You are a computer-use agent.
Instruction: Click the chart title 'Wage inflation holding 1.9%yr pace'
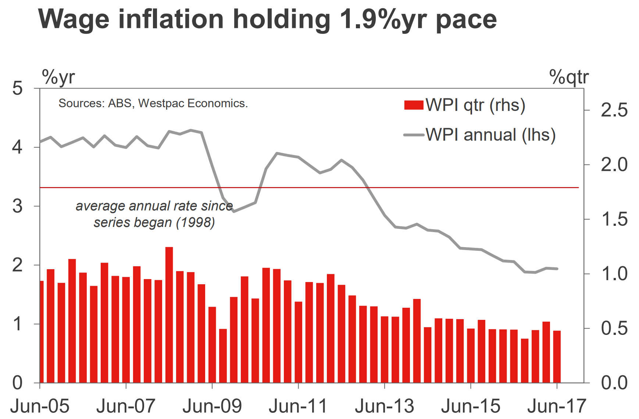pos(267,19)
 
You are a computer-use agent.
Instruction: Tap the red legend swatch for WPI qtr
pos(414,105)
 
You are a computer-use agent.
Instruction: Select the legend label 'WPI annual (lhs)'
pos(490,135)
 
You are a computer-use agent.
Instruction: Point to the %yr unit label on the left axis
pos(58,77)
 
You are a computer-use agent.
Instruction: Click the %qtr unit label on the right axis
pos(568,77)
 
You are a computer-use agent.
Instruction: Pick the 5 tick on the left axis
pos(17,89)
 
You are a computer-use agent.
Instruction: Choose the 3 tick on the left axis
pos(17,206)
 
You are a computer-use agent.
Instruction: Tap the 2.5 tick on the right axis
pos(614,110)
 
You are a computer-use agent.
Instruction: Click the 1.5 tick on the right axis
pos(614,219)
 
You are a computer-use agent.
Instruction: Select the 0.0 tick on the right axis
pos(614,383)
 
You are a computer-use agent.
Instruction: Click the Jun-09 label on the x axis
pos(212,406)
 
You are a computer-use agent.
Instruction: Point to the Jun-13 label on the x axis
pos(385,406)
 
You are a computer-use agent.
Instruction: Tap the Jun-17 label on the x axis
pos(557,406)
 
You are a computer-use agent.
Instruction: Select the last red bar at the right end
pos(557,357)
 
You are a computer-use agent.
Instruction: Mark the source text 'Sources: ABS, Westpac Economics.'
pos(153,104)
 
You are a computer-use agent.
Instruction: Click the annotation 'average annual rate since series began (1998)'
pos(154,214)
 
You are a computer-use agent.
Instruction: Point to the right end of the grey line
pos(557,269)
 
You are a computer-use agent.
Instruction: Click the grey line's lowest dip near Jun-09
pos(234,212)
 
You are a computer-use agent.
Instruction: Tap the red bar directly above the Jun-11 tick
pos(299,342)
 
